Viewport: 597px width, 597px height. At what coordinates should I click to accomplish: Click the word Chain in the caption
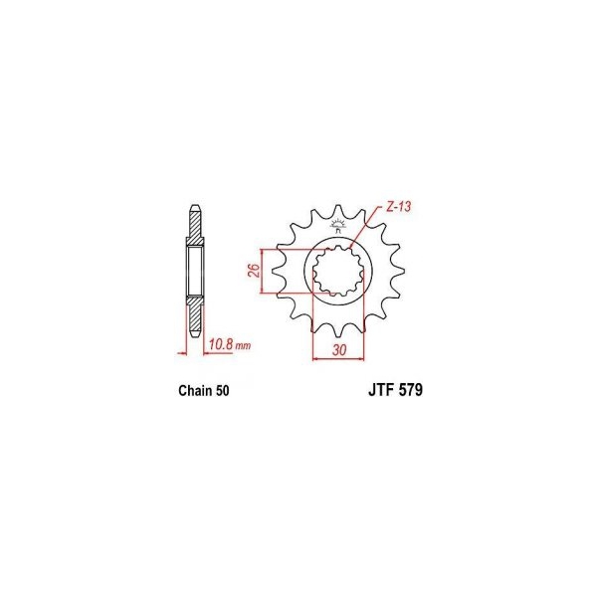coord(195,391)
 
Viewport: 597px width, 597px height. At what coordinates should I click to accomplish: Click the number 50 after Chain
coord(222,391)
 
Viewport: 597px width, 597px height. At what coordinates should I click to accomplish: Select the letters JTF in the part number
coord(382,390)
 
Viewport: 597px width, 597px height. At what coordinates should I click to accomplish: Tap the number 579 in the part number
coord(411,390)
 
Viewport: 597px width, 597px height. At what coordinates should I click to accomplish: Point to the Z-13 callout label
coord(399,207)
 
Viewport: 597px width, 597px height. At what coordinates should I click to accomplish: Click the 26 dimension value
coord(256,271)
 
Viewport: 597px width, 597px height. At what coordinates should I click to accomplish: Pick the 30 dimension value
coord(339,350)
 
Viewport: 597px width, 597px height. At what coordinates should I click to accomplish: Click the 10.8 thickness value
coord(221,344)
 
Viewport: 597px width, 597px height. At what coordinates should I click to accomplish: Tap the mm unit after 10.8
coord(243,346)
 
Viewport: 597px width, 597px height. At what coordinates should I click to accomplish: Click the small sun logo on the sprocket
coord(337,225)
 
